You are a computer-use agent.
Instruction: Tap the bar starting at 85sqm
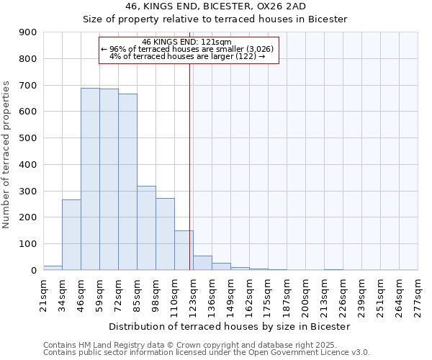pyautogui.click(x=146, y=228)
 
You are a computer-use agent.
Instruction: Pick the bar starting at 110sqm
pyautogui.click(x=184, y=250)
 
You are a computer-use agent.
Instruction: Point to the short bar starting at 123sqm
pyautogui.click(x=202, y=263)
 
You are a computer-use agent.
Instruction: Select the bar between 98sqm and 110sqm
pyautogui.click(x=165, y=234)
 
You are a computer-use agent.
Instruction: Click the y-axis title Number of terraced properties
pyautogui.click(x=6, y=155)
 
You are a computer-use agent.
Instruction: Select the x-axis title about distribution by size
pyautogui.click(x=230, y=326)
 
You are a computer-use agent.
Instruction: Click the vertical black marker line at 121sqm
pyautogui.click(x=189, y=166)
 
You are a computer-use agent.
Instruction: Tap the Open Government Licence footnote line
pyautogui.click(x=206, y=353)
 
